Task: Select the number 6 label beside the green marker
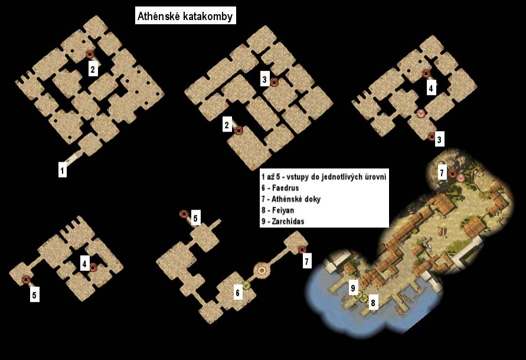click(x=237, y=293)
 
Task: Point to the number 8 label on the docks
click(x=373, y=303)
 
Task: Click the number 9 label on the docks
click(x=353, y=287)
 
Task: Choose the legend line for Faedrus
click(x=280, y=188)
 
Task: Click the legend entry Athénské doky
click(x=291, y=199)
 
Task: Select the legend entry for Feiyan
click(x=278, y=210)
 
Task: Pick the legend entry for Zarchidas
click(x=283, y=221)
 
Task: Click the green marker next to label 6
click(x=247, y=286)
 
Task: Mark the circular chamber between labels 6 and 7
click(x=262, y=270)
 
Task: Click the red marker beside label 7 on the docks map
click(x=452, y=174)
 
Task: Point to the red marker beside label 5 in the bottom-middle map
click(x=184, y=214)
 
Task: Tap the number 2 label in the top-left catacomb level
click(x=93, y=69)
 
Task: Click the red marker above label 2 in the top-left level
click(x=90, y=54)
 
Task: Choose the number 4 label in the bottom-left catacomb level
click(x=84, y=264)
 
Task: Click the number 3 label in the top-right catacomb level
click(x=439, y=139)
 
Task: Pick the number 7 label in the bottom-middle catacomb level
click(x=306, y=261)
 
